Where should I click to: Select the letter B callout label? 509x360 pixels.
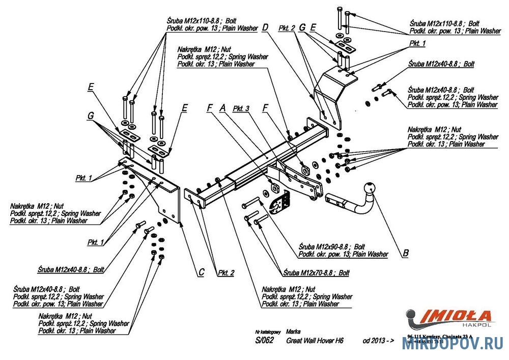[405, 253]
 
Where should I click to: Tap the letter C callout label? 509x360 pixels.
[201, 272]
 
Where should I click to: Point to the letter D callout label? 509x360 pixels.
[265, 29]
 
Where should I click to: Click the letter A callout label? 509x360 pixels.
[222, 108]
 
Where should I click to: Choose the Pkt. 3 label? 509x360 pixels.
[242, 108]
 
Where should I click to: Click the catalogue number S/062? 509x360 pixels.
[265, 341]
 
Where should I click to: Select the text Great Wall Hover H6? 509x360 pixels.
[315, 341]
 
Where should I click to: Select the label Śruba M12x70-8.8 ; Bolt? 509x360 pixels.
[317, 273]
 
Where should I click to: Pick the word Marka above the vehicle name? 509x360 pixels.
[293, 330]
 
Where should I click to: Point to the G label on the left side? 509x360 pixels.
[90, 116]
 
